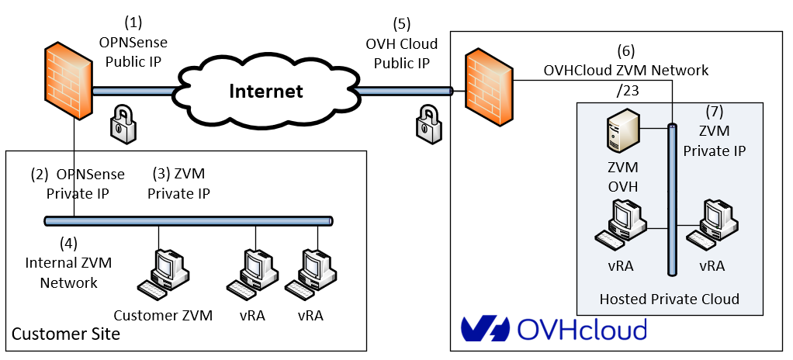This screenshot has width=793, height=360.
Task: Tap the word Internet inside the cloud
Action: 266,92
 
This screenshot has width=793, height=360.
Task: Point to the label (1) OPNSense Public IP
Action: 133,42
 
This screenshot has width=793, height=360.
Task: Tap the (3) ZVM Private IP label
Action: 178,183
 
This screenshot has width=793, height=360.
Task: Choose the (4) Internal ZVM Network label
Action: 69,263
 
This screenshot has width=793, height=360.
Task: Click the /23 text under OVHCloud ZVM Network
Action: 625,90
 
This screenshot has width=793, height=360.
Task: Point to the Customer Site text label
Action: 66,334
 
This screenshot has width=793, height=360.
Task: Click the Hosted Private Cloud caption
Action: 669,299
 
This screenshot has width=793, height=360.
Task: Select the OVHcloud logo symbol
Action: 484,329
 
